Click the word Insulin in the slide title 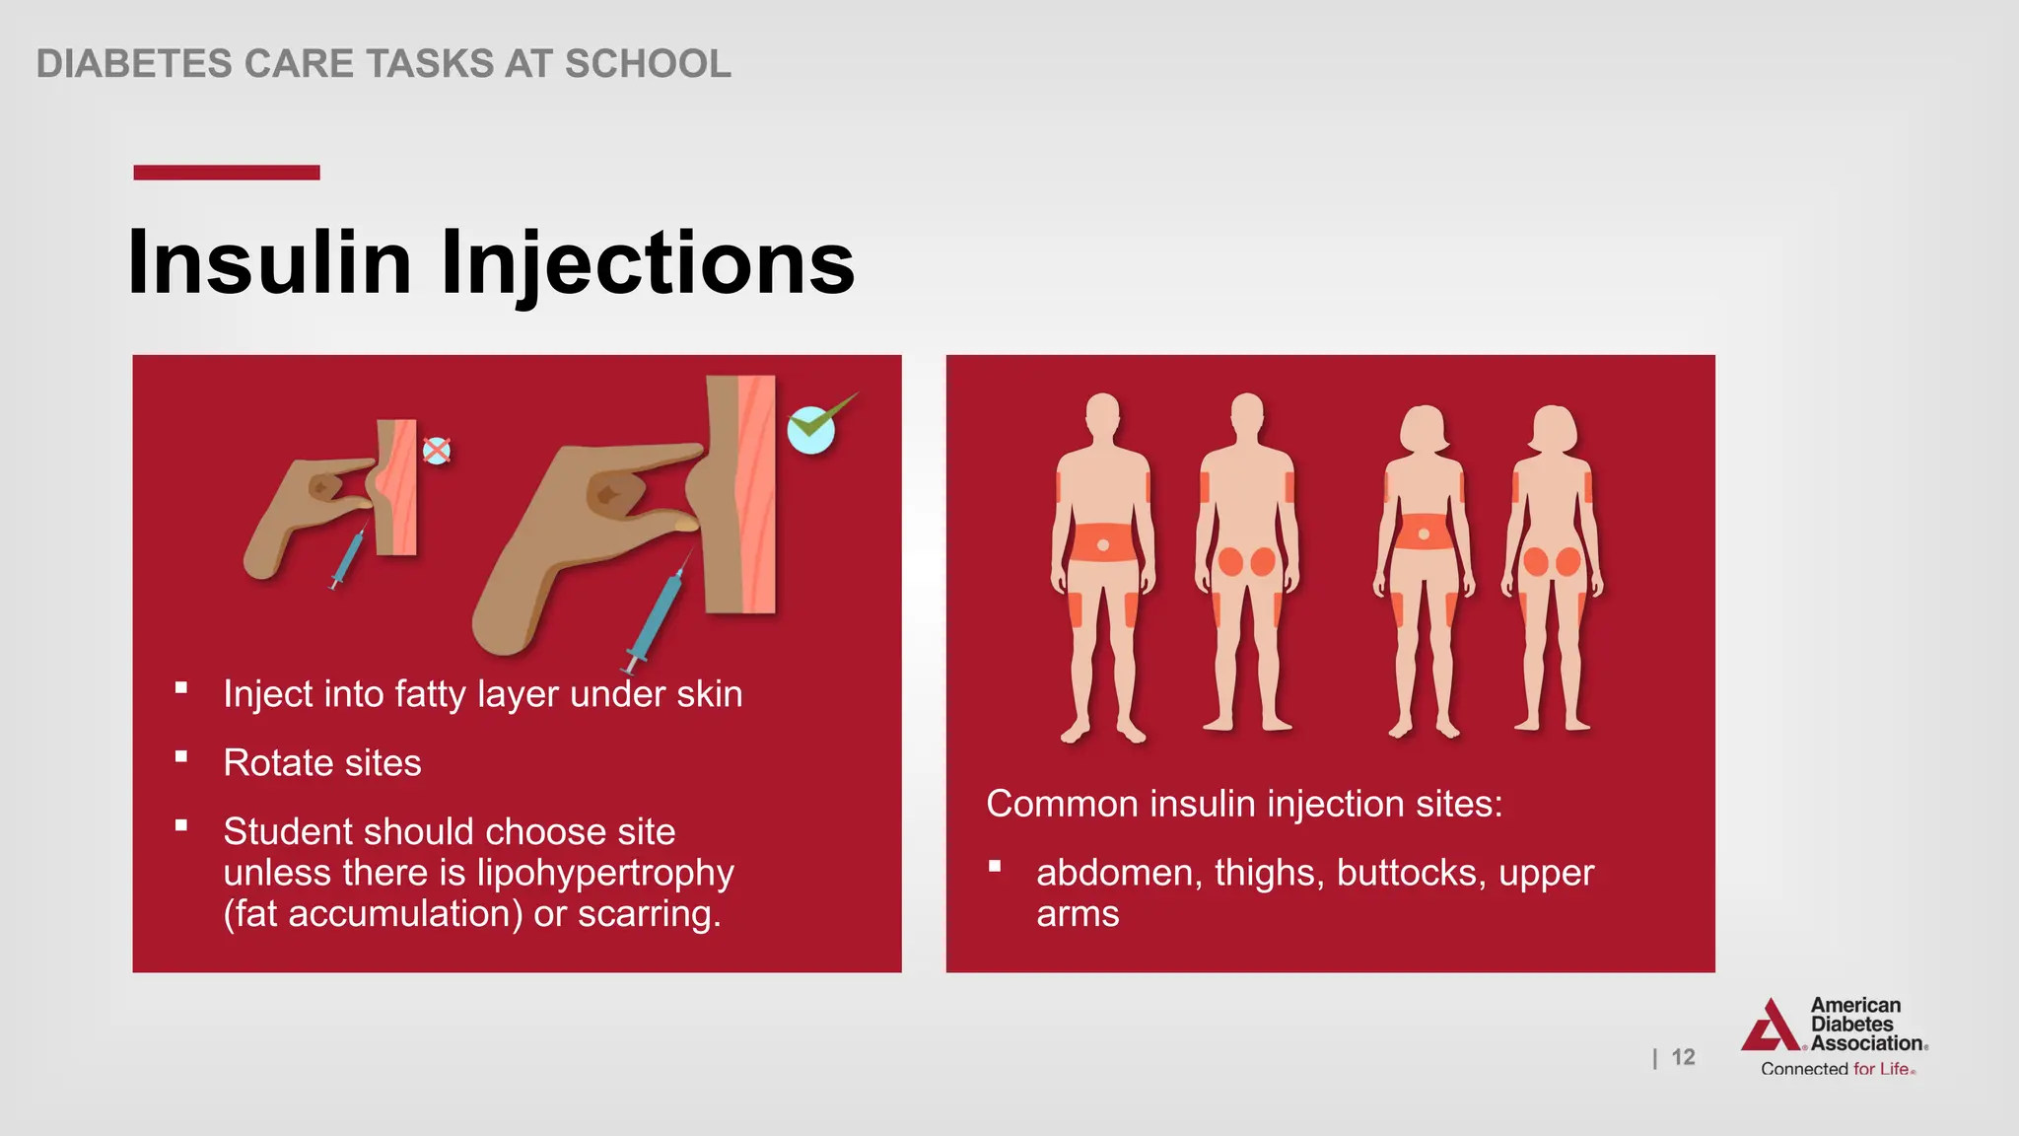pyautogui.click(x=269, y=262)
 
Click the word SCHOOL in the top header pyautogui.click(x=648, y=64)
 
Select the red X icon pyautogui.click(x=437, y=451)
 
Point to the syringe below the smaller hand pyautogui.click(x=348, y=558)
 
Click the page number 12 pyautogui.click(x=1683, y=1057)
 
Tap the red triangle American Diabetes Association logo pyautogui.click(x=1772, y=1027)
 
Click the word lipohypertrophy pyautogui.click(x=605, y=873)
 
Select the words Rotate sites pyautogui.click(x=322, y=763)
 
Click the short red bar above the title pyautogui.click(x=227, y=173)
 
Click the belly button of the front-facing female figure pyautogui.click(x=1424, y=534)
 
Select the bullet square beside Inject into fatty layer pyautogui.click(x=181, y=688)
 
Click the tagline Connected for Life pyautogui.click(x=1837, y=1069)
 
